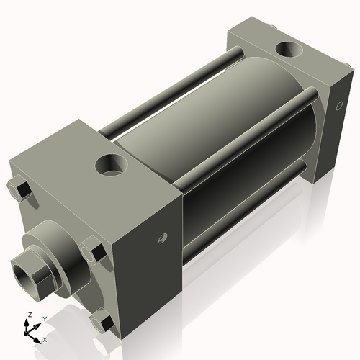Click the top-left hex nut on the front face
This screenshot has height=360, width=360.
coord(20,191)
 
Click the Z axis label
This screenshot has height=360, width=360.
coord(28,315)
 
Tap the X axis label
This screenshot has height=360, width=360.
coord(45,338)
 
